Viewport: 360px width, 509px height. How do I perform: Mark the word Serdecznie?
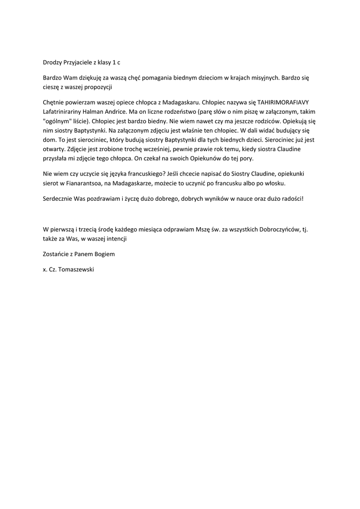click(58, 198)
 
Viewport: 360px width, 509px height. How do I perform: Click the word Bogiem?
click(104, 254)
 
